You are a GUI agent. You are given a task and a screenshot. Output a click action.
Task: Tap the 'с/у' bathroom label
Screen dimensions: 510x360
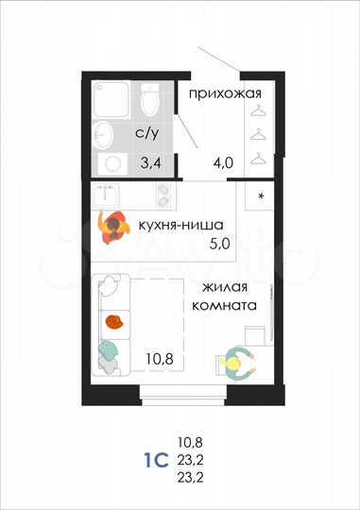pyautogui.click(x=146, y=133)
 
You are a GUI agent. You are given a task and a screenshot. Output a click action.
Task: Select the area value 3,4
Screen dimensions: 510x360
pyautogui.click(x=151, y=161)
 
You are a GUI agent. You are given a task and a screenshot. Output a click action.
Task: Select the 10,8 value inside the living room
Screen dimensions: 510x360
pyautogui.click(x=158, y=359)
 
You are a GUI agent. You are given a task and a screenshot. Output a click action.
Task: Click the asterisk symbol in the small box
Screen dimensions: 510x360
pyautogui.click(x=261, y=197)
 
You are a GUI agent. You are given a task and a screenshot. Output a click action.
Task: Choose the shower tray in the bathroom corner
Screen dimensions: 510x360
pyautogui.click(x=112, y=99)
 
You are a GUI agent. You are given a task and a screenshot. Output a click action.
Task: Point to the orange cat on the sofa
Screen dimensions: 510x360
pyautogui.click(x=114, y=322)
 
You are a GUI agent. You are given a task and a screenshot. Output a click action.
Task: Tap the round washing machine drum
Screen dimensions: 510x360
pyautogui.click(x=113, y=163)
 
